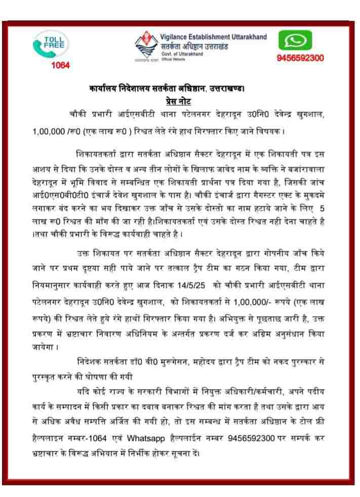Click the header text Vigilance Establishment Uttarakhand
pyautogui.click(x=214, y=37)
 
